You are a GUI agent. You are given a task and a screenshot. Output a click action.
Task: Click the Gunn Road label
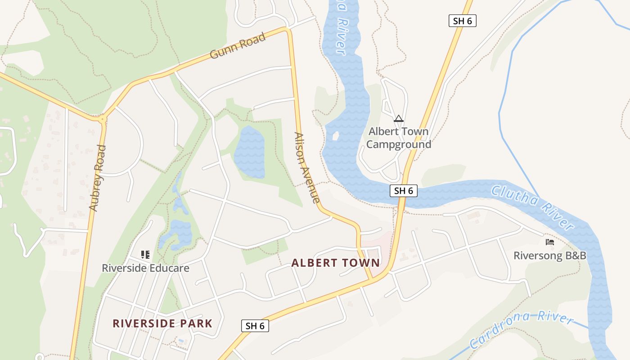(x=238, y=45)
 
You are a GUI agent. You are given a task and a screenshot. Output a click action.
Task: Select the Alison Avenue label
(x=307, y=167)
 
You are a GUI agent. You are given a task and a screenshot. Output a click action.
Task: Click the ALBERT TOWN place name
(x=335, y=263)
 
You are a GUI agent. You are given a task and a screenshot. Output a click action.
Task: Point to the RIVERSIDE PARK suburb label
(x=162, y=323)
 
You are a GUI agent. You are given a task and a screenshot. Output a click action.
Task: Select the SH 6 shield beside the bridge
(x=403, y=191)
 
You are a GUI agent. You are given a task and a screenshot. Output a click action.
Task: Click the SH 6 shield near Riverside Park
(x=255, y=326)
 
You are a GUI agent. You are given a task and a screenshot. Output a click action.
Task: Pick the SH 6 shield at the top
(x=462, y=20)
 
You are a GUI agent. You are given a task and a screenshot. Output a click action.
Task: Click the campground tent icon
(x=398, y=119)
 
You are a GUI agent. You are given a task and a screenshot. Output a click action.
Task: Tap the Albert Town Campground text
(x=398, y=138)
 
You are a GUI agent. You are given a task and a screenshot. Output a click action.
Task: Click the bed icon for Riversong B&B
(x=550, y=242)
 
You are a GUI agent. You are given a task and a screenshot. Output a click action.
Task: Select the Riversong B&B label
(x=550, y=256)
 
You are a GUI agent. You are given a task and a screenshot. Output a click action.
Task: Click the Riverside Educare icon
(x=145, y=255)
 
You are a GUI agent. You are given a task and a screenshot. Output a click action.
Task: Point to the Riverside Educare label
(x=145, y=268)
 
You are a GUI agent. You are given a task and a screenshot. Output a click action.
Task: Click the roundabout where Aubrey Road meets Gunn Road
(x=103, y=119)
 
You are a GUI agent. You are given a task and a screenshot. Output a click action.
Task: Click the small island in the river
(x=335, y=135)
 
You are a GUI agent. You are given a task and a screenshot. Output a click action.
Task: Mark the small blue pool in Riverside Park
(x=181, y=341)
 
